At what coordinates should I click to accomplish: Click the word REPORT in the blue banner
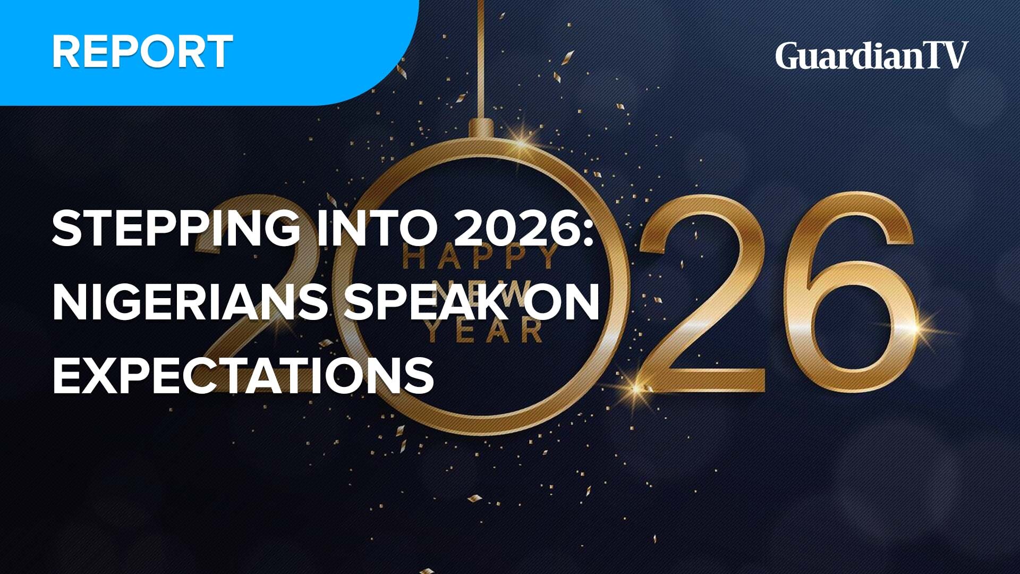(x=142, y=52)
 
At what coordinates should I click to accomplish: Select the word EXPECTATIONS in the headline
(x=243, y=375)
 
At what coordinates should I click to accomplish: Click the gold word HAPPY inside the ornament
(x=481, y=258)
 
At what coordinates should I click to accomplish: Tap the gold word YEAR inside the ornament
(x=484, y=331)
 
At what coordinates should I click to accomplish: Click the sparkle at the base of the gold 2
(x=637, y=386)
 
